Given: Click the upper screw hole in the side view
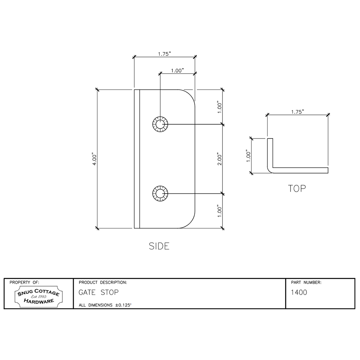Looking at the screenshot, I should point(160,124).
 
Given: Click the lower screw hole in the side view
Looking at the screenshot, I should point(160,194).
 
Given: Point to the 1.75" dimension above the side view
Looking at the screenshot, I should point(164,54).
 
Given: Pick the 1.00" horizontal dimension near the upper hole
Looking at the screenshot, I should point(177,70).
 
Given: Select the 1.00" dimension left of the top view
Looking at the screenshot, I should point(249,155).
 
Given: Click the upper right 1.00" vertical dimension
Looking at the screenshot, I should point(220,107).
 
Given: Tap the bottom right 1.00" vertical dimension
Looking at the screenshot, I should point(220,211).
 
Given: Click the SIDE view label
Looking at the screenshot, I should point(159,246).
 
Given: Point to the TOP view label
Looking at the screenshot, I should point(297,189).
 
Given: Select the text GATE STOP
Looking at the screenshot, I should point(99,293).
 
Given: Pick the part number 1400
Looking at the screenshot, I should point(299,293).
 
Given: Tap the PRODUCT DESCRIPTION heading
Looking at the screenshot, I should point(103,283).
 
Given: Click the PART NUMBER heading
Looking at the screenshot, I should point(306,283).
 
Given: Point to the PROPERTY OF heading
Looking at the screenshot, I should point(24,283).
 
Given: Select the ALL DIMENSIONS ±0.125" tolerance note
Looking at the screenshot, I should point(105,305).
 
